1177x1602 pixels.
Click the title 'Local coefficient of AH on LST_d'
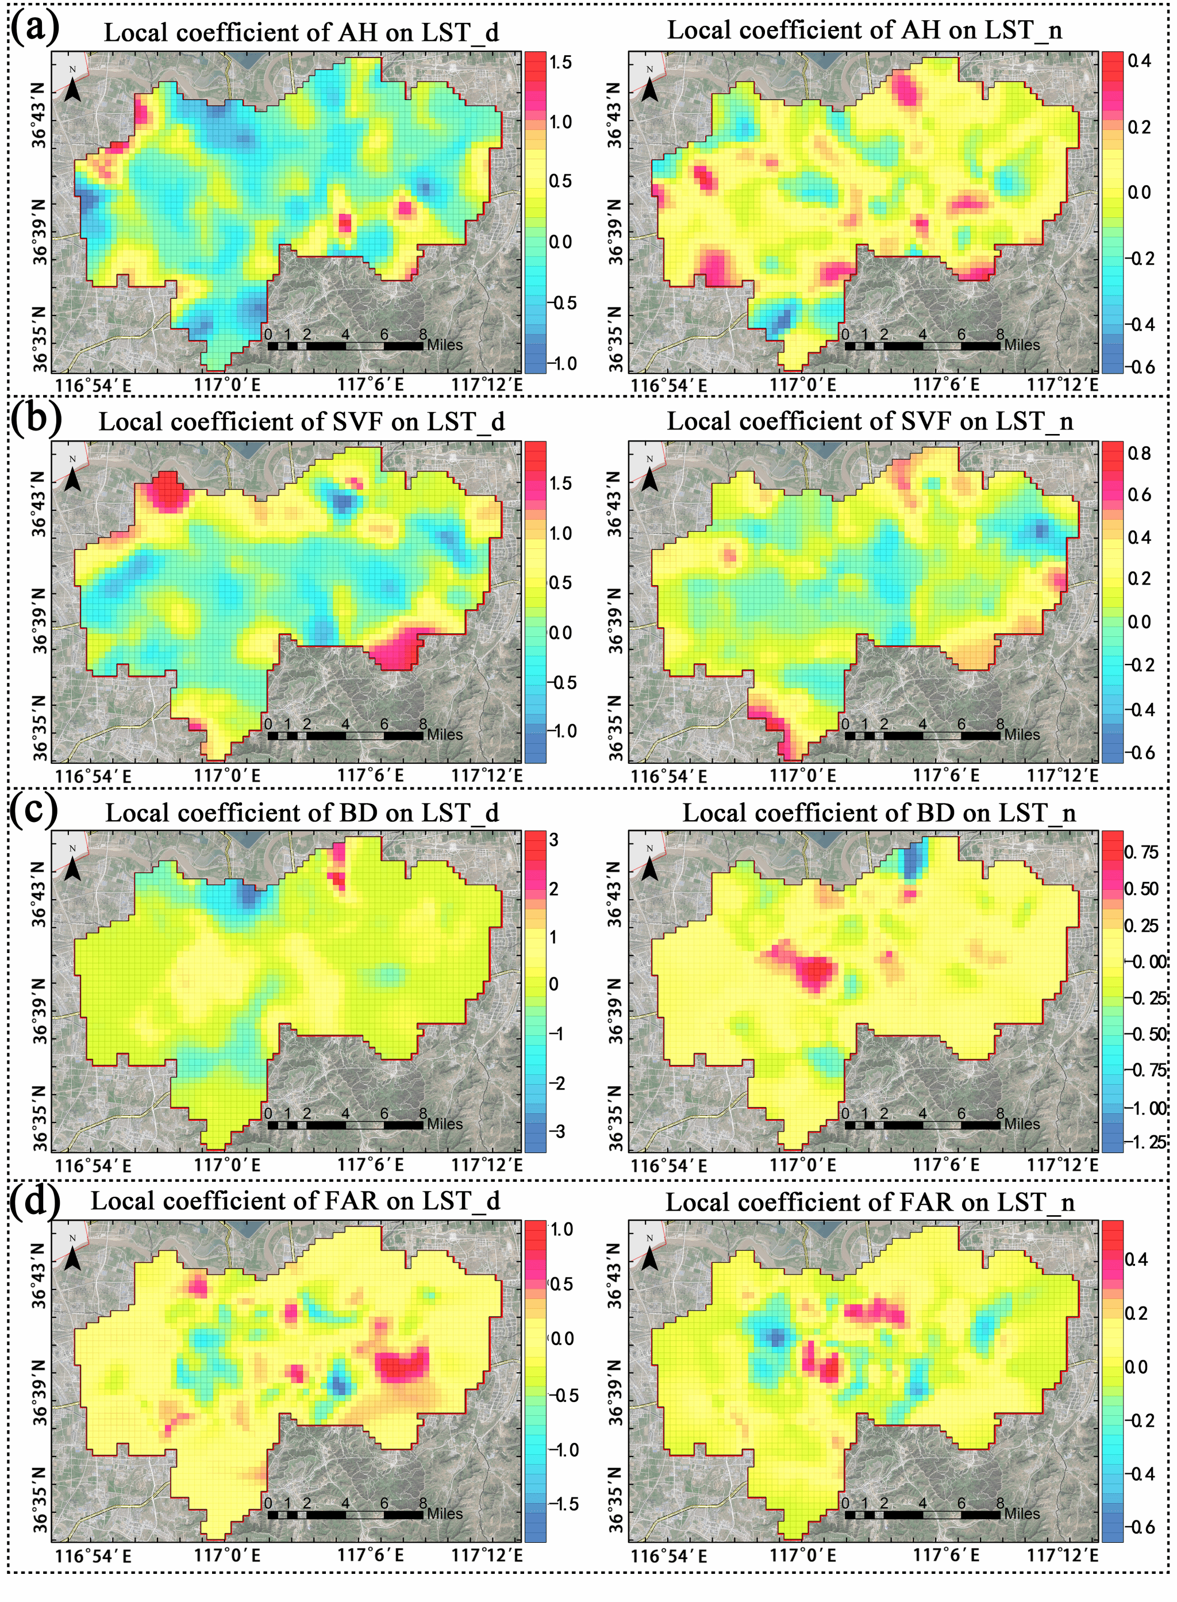301,33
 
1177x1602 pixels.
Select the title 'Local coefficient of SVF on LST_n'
870,421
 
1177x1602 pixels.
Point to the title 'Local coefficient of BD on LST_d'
302,812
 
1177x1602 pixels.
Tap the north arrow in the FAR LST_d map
72,1255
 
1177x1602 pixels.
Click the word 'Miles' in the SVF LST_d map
445,735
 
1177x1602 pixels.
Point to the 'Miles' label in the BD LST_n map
1022,1124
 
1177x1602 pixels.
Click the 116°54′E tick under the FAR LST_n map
668,1555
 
